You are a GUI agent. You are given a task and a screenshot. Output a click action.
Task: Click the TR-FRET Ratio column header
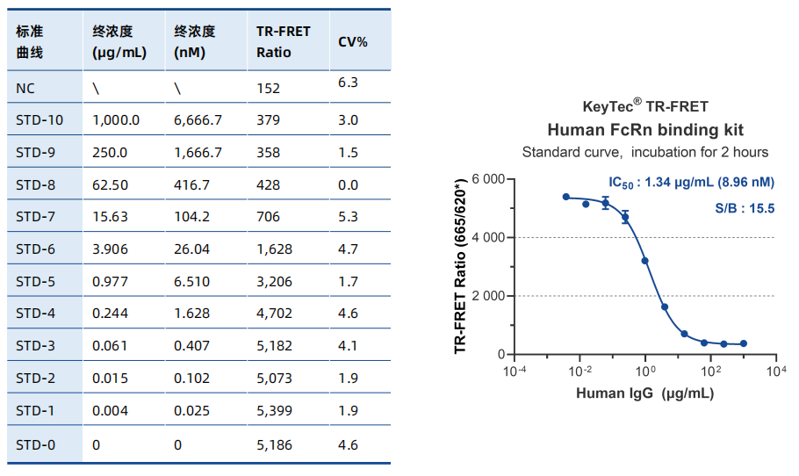pyautogui.click(x=283, y=41)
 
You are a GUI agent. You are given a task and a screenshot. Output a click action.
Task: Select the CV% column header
pyautogui.click(x=353, y=41)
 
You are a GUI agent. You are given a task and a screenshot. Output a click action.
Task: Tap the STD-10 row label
pyautogui.click(x=40, y=119)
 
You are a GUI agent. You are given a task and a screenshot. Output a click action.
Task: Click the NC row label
pyautogui.click(x=25, y=87)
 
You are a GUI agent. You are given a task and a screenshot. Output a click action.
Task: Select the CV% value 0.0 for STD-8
pyautogui.click(x=348, y=184)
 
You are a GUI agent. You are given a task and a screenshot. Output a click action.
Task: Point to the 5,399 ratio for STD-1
pyautogui.click(x=274, y=410)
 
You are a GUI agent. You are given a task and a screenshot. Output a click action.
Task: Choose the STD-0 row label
pyautogui.click(x=36, y=445)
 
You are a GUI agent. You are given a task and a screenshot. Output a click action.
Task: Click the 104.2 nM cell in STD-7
pyautogui.click(x=191, y=217)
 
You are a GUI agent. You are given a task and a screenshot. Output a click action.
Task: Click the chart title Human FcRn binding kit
pyautogui.click(x=645, y=130)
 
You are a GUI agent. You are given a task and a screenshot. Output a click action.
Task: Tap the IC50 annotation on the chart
pyautogui.click(x=691, y=183)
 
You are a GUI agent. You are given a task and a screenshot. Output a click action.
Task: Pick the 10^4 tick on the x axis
pyautogui.click(x=775, y=371)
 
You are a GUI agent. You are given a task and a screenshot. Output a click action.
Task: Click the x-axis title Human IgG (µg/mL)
pyautogui.click(x=644, y=393)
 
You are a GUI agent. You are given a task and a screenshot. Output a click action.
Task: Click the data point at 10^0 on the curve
pyautogui.click(x=644, y=261)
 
